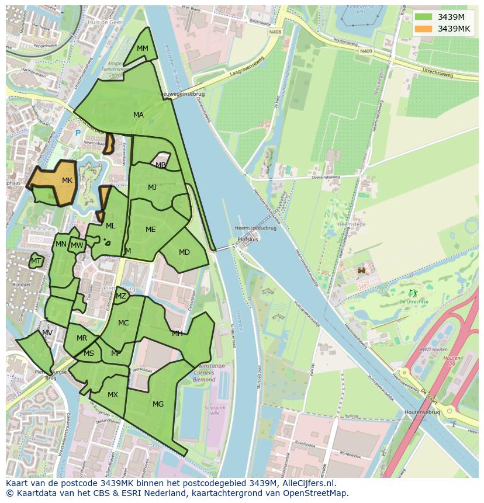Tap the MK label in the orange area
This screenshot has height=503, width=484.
[x=67, y=181]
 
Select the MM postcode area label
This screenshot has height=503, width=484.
[x=143, y=48]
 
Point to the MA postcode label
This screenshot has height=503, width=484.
[x=139, y=115]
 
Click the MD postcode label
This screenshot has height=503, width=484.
[x=184, y=252]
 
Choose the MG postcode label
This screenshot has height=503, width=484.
[x=158, y=404]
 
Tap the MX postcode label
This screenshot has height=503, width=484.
[x=113, y=395]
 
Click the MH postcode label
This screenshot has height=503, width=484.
[x=177, y=334]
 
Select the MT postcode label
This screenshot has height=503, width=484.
[x=36, y=261]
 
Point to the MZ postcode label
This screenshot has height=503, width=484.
[x=121, y=296]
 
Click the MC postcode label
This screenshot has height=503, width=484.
[x=123, y=323]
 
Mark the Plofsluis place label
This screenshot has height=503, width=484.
[x=248, y=240]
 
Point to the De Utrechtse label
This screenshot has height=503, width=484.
[x=413, y=301]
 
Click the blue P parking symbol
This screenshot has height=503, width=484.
[x=78, y=133]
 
